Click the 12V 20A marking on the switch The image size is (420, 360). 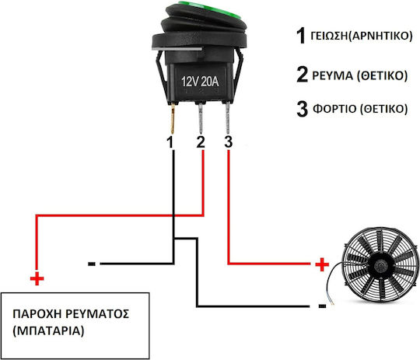(x=200, y=82)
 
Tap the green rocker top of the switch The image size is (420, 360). (x=209, y=9)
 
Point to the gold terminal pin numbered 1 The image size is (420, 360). (x=173, y=119)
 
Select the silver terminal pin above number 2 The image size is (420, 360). (x=201, y=118)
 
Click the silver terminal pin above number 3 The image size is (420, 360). (x=228, y=118)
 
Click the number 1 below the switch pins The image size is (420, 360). (x=170, y=142)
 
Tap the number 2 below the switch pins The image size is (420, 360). (x=201, y=142)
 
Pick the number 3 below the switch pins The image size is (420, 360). (x=228, y=142)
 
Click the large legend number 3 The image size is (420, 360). (x=302, y=109)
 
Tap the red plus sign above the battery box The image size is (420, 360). (x=37, y=278)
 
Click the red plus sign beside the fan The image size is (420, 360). (x=322, y=264)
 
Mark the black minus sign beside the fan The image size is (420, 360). (x=323, y=306)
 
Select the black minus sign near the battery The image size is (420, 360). (x=92, y=264)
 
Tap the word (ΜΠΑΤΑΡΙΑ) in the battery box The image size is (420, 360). (x=48, y=331)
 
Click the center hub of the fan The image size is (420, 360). (x=380, y=265)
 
